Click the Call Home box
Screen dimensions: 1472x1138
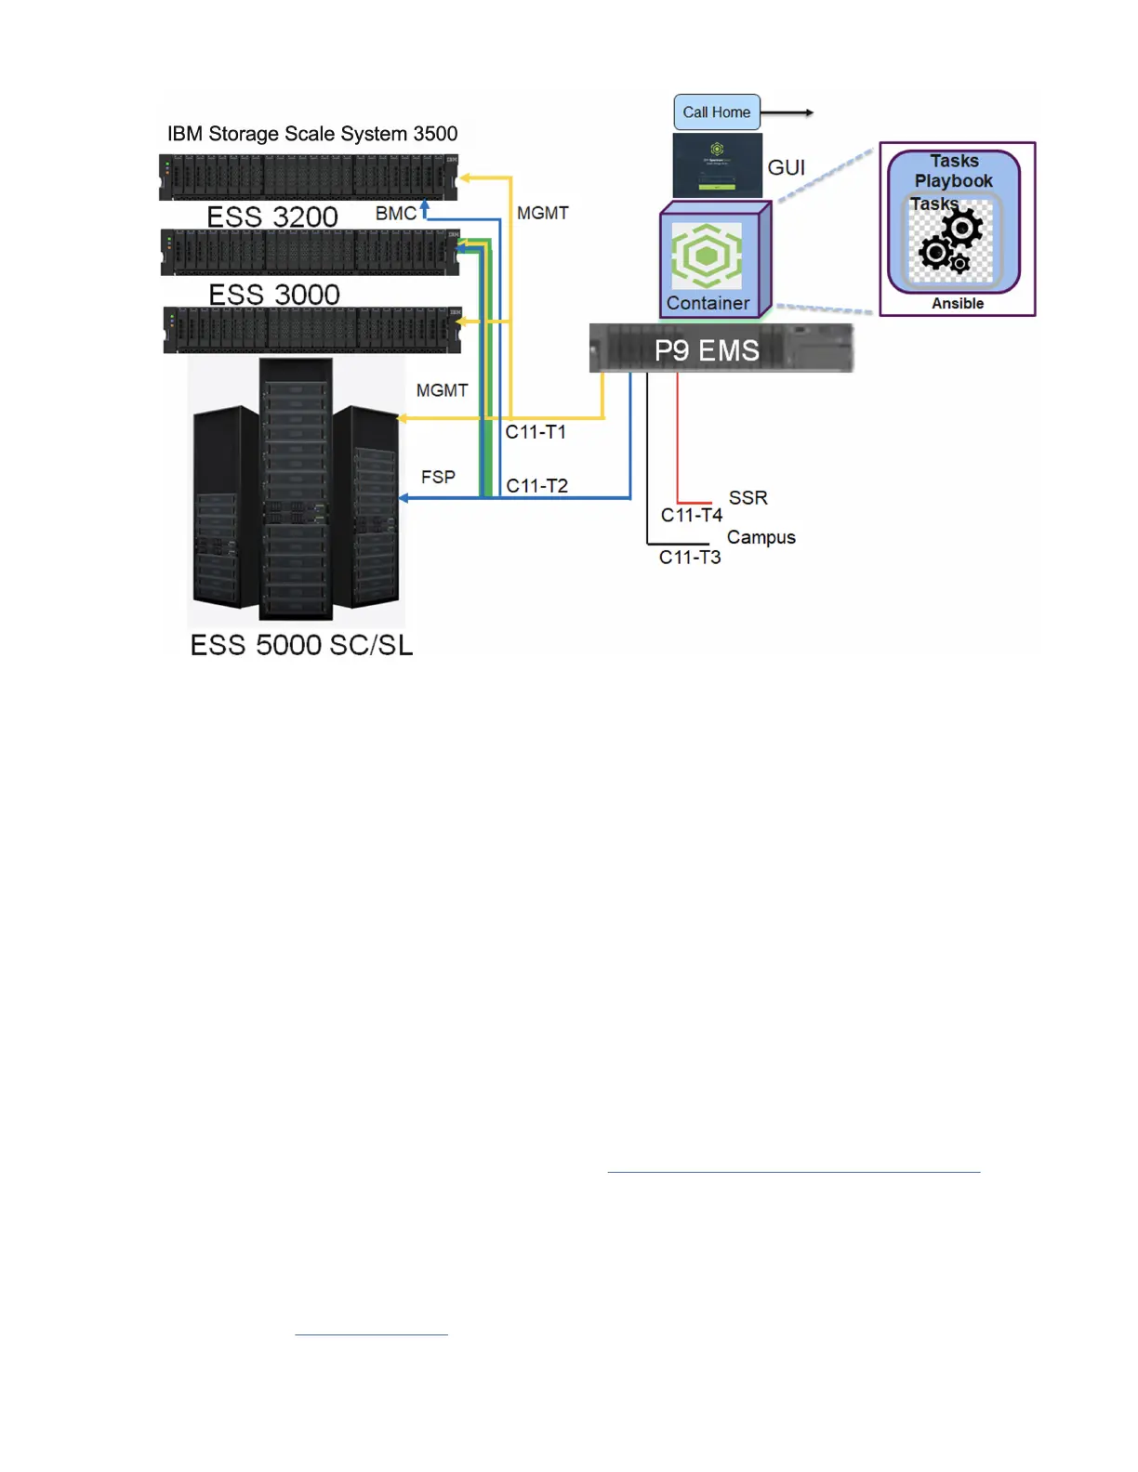click(x=717, y=112)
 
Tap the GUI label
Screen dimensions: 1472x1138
click(x=786, y=168)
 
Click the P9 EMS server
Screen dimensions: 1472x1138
click(x=721, y=349)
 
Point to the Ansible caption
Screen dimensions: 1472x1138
click(x=958, y=304)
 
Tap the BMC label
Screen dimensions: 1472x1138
click(x=395, y=214)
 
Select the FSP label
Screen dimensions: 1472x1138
click(x=438, y=477)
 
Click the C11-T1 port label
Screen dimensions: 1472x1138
click(x=536, y=432)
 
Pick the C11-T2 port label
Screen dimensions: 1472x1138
click(x=536, y=486)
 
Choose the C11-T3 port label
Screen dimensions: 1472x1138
click(x=690, y=558)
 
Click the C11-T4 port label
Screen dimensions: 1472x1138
click(x=691, y=515)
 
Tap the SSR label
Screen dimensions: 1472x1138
click(x=748, y=498)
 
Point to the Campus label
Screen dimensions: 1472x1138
click(x=761, y=537)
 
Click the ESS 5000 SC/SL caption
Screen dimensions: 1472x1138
click(x=301, y=645)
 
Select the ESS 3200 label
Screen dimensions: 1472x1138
click(x=271, y=217)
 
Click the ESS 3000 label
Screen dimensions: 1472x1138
click(x=274, y=295)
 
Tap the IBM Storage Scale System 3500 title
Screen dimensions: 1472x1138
click(x=312, y=134)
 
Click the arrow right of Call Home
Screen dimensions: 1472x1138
click(x=788, y=113)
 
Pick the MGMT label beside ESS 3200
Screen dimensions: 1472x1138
click(x=542, y=214)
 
